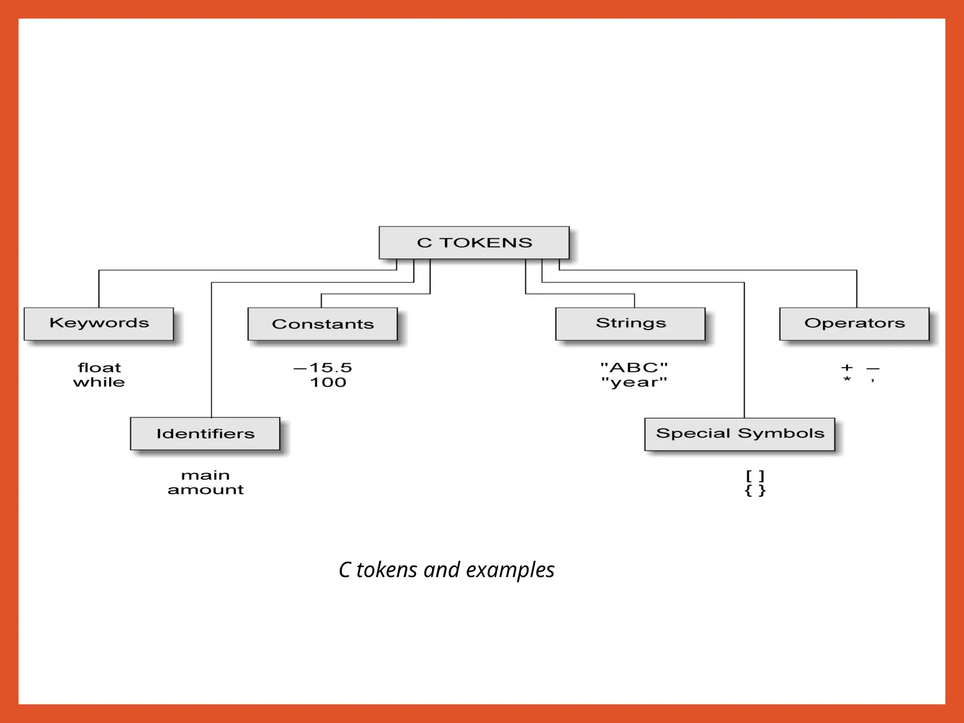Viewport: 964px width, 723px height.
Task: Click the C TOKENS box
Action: click(474, 242)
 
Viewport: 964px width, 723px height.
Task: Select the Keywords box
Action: click(99, 323)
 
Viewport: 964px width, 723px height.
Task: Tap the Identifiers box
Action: click(205, 434)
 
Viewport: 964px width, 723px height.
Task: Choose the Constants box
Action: click(322, 324)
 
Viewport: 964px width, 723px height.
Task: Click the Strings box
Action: click(630, 323)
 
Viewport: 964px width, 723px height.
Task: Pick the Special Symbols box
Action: click(739, 434)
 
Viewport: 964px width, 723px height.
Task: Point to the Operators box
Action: click(854, 323)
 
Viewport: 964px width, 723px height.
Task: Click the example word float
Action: click(99, 368)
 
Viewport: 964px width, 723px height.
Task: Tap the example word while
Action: click(99, 382)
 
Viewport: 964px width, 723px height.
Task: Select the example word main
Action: click(205, 475)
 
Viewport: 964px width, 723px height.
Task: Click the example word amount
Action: click(205, 490)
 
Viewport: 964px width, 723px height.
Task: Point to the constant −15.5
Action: click(323, 368)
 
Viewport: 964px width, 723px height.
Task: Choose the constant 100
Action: click(328, 382)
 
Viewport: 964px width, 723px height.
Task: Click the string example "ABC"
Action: click(634, 367)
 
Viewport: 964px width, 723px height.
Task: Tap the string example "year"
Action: click(634, 382)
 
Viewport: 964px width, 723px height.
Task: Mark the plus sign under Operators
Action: click(847, 368)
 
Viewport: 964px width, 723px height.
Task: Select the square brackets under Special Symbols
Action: click(755, 476)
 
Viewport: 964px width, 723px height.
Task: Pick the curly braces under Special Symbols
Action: click(755, 490)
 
